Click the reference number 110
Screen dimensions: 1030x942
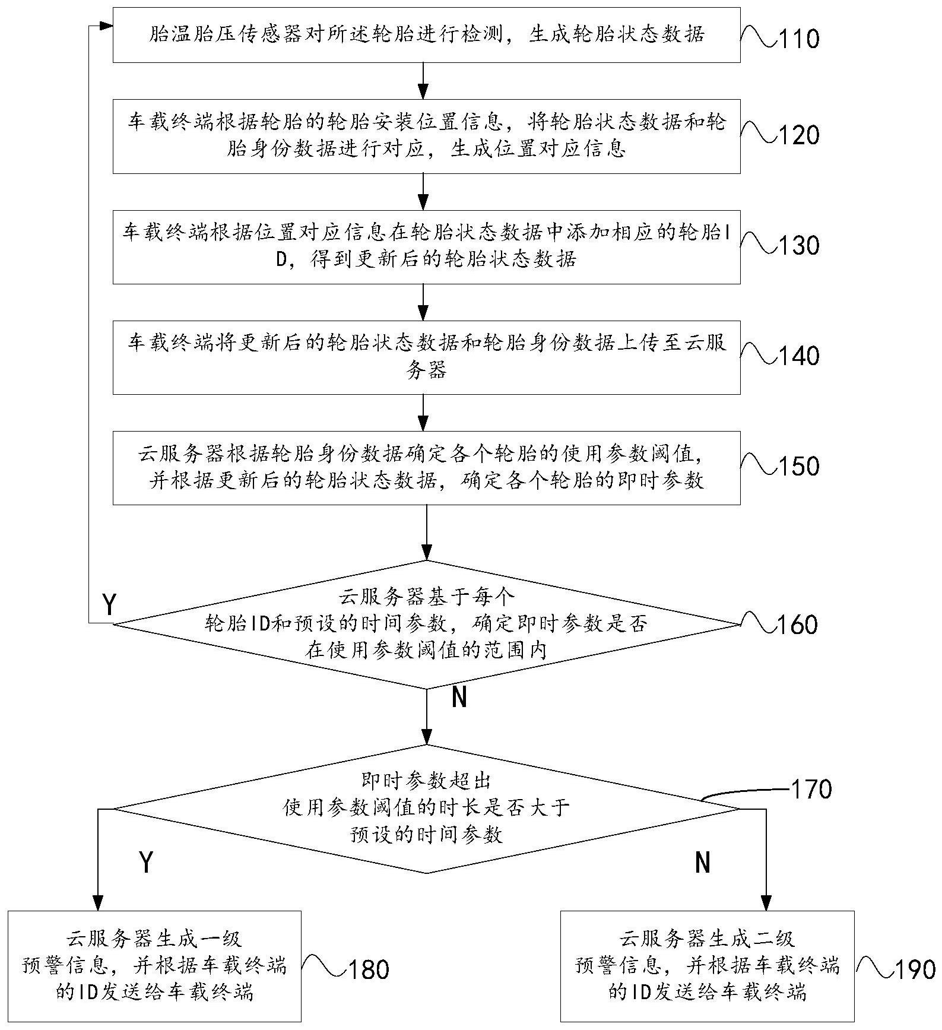(x=798, y=39)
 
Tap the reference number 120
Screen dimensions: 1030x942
(x=798, y=135)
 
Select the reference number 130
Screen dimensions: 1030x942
(x=798, y=245)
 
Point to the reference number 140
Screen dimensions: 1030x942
(x=798, y=356)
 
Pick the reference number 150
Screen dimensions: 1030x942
(x=798, y=466)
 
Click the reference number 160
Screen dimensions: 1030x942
(x=797, y=625)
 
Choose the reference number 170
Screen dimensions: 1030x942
(x=811, y=790)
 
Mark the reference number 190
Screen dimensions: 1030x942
(x=914, y=969)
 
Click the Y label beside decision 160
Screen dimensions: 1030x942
(x=109, y=605)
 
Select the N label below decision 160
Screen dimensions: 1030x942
(x=459, y=698)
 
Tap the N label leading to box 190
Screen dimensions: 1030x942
(x=703, y=862)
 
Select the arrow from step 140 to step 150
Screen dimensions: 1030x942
(x=423, y=413)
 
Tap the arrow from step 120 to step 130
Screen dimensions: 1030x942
(x=423, y=191)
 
